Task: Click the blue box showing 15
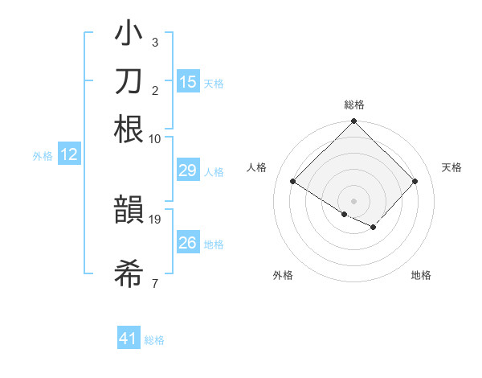tap(188, 82)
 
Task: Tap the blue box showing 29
tap(188, 171)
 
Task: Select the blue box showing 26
tap(188, 243)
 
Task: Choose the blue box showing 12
tap(69, 155)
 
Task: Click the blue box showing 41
tap(129, 339)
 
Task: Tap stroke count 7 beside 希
tap(154, 283)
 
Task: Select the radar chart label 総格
tap(353, 105)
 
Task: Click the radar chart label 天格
tap(452, 167)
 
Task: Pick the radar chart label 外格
tap(283, 276)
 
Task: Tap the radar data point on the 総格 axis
tap(353, 122)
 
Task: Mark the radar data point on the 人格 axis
tap(293, 182)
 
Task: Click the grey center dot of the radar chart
tap(353, 201)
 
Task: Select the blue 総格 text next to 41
tap(154, 340)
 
